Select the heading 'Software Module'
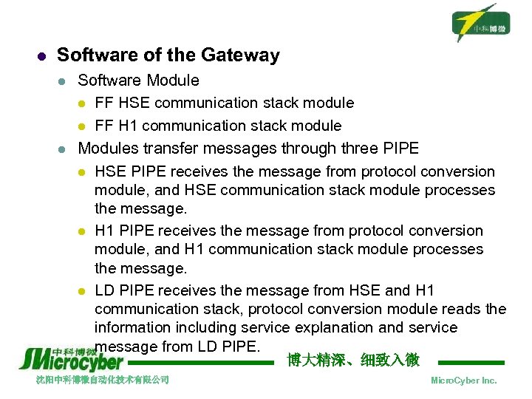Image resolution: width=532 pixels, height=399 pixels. (x=138, y=80)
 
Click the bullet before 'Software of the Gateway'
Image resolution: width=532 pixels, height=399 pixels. (x=42, y=56)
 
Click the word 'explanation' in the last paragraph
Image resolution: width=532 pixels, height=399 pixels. (x=356, y=327)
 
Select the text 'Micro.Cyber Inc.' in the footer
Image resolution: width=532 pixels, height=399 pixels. (x=463, y=380)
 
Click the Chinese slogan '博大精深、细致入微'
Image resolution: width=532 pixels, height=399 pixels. (x=353, y=361)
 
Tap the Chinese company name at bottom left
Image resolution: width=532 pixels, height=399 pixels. (x=103, y=380)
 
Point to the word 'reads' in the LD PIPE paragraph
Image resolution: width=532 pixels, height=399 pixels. (x=463, y=309)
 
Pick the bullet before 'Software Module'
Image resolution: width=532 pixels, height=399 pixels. (x=64, y=81)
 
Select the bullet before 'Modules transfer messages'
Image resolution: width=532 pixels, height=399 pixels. (x=64, y=149)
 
